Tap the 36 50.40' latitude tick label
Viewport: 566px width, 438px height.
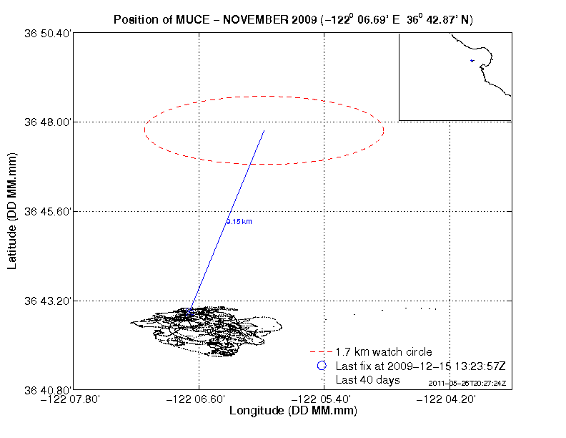pos(47,33)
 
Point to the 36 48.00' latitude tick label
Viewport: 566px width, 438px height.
pos(47,122)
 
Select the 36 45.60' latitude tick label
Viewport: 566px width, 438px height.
pos(47,212)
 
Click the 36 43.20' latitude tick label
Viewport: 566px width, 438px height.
pos(47,301)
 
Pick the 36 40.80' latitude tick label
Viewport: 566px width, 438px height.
pos(47,390)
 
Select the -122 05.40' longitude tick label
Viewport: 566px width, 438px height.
pos(324,399)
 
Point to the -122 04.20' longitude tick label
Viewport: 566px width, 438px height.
pos(450,399)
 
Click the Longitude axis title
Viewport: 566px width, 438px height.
pos(293,412)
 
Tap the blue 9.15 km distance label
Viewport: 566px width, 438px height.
pos(239,222)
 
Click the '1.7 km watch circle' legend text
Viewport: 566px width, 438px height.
pos(384,352)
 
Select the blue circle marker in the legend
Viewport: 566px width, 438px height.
pos(322,366)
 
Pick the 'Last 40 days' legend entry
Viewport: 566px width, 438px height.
pos(367,379)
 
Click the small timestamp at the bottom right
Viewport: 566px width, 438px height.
pos(467,384)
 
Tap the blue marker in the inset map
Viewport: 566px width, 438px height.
pos(472,61)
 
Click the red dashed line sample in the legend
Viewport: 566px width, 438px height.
pos(321,352)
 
